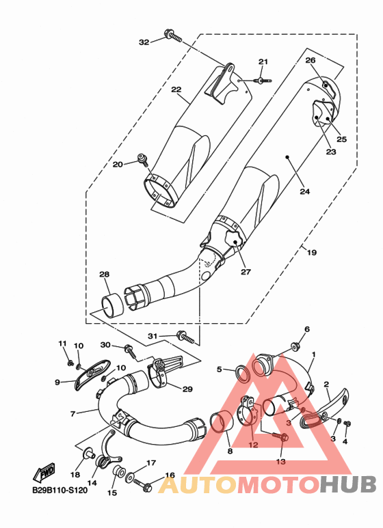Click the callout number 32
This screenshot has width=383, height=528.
[x=144, y=42]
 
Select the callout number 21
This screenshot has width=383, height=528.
[x=263, y=61]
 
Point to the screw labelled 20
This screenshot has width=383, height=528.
[x=143, y=160]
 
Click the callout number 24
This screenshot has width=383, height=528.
[x=305, y=191]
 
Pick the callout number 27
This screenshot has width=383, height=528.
[x=246, y=271]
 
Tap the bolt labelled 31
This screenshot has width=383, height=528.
[x=185, y=337]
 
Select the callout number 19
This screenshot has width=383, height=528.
[x=312, y=252]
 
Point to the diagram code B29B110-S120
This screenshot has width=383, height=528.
[x=60, y=490]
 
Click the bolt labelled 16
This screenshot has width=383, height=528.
[x=144, y=485]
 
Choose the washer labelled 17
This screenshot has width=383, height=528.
[x=130, y=478]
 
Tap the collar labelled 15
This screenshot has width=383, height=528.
[x=118, y=471]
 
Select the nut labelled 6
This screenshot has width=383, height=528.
[x=295, y=346]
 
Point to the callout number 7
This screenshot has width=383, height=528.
[x=72, y=413]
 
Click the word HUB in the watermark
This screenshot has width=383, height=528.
[x=347, y=484]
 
